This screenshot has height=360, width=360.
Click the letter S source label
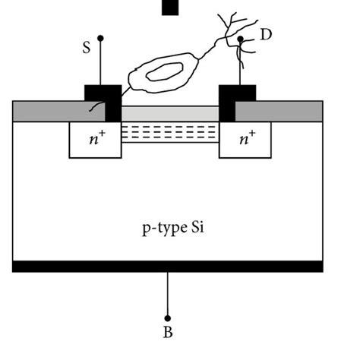coord(86,46)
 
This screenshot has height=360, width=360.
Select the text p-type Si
coord(168,226)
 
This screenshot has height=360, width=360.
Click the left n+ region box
coord(95,140)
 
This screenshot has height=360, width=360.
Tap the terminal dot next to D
coord(241,39)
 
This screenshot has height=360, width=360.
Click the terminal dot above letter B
coord(168,318)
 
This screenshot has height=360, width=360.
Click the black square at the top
coord(170,6)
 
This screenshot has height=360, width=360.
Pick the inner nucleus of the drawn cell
coord(166,72)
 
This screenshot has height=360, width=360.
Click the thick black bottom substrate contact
coord(168,266)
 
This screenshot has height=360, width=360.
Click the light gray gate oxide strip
coord(170,113)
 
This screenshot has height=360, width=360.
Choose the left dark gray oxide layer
coord(49,111)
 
